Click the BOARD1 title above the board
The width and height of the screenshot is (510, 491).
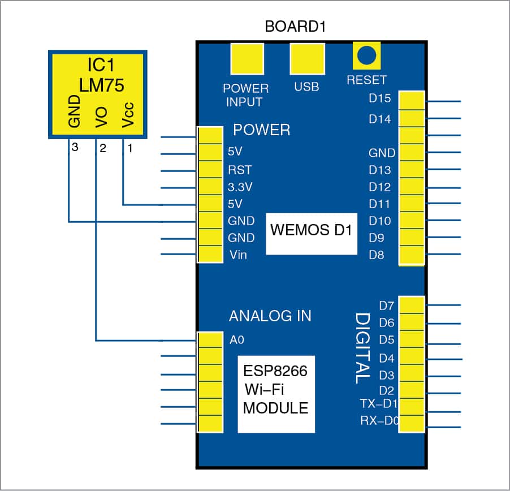click(x=296, y=27)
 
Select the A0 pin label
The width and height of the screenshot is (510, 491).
click(x=236, y=340)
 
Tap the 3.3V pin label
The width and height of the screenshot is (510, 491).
click(x=240, y=187)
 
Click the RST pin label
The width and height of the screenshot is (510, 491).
click(x=240, y=170)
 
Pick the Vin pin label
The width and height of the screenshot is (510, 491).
click(x=237, y=255)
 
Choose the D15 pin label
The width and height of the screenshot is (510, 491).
click(x=379, y=98)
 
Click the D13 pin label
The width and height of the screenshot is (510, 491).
click(x=379, y=170)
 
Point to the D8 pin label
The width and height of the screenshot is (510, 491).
click(x=376, y=255)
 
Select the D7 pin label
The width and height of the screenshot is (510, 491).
click(x=386, y=306)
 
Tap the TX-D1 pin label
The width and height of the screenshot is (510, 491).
click(x=378, y=403)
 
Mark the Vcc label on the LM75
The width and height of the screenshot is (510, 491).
click(x=128, y=116)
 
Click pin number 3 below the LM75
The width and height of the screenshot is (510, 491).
click(x=74, y=148)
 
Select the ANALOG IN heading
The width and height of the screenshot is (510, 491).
click(x=270, y=316)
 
